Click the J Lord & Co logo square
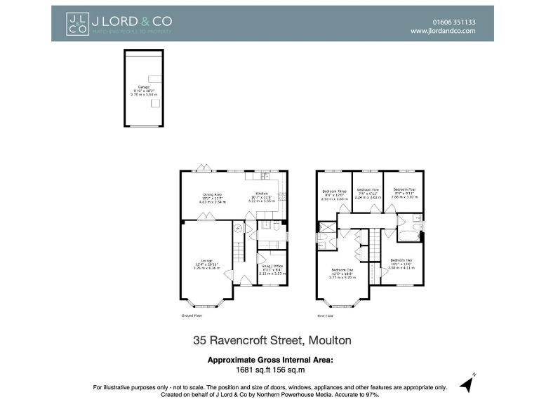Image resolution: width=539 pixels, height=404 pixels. pyautogui.click(x=77, y=23)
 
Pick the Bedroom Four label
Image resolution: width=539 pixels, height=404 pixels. pyautogui.click(x=405, y=190)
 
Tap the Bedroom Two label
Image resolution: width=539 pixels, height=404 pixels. pyautogui.click(x=402, y=260)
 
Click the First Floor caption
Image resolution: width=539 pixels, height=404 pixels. pyautogui.click(x=324, y=316)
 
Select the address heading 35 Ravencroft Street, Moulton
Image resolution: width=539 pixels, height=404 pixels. pyautogui.click(x=272, y=341)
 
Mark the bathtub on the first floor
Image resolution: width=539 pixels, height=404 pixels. pyautogui.click(x=408, y=228)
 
